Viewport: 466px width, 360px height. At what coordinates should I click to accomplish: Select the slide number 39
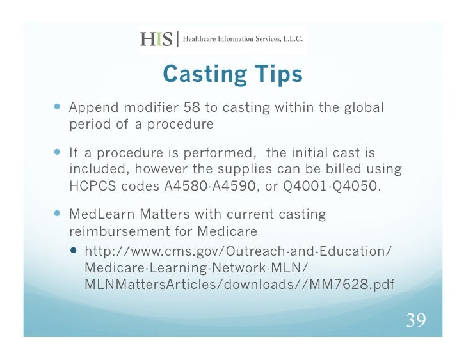click(416, 320)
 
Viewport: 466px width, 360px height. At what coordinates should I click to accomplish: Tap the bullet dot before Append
click(59, 107)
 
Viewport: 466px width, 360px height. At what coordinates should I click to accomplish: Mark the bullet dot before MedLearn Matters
click(59, 214)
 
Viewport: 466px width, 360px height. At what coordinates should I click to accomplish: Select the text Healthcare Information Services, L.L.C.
click(243, 39)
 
